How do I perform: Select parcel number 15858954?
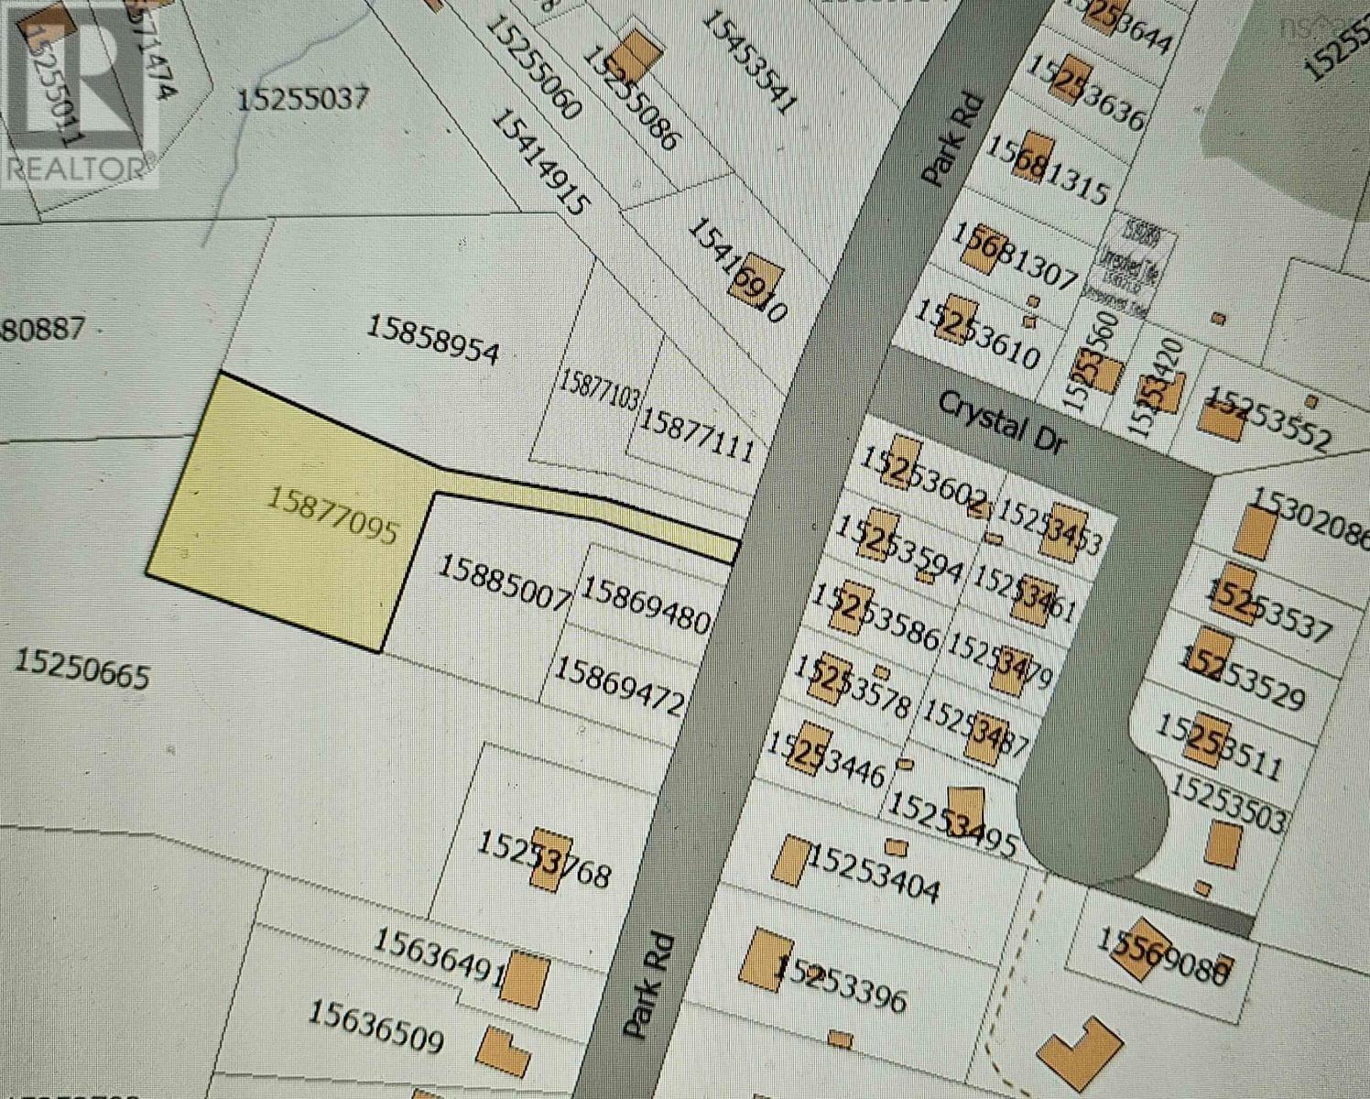click(433, 340)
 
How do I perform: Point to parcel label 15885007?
click(504, 582)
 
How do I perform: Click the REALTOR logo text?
click(76, 168)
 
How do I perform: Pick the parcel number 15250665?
click(82, 669)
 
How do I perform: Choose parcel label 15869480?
click(646, 604)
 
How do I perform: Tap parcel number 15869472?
click(620, 686)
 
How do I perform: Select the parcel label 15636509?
click(375, 1026)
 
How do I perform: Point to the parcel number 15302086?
click(1310, 516)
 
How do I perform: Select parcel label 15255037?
click(303, 98)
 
